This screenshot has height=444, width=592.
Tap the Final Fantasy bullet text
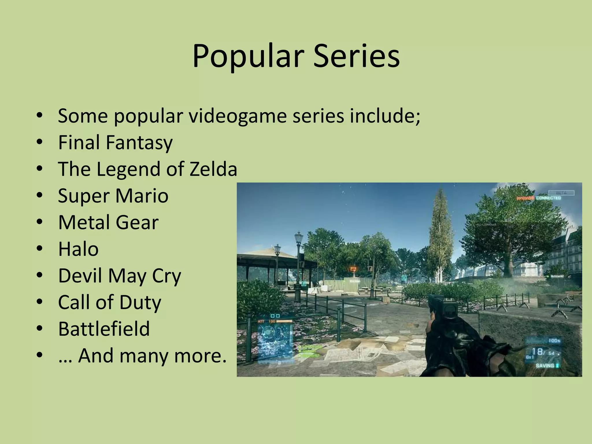(x=115, y=143)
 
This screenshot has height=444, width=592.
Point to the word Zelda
(x=213, y=169)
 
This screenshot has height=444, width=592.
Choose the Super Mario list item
(x=113, y=196)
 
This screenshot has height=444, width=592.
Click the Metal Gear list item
(x=108, y=222)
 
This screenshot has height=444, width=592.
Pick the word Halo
(x=78, y=249)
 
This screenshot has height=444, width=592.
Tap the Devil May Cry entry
(x=119, y=276)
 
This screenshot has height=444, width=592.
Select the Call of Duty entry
(x=110, y=302)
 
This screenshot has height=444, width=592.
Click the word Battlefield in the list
(x=104, y=329)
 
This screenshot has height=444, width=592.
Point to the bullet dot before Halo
(x=40, y=249)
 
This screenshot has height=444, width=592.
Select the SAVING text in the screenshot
(x=545, y=366)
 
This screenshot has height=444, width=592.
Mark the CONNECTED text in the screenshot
(x=548, y=198)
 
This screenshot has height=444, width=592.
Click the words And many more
(x=152, y=356)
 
